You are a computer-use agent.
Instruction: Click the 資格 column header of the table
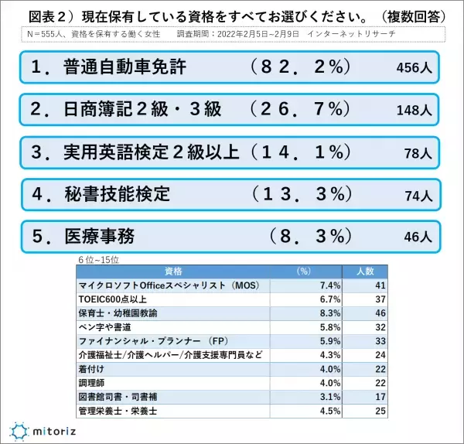point(174,272)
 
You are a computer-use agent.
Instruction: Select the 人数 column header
point(364,272)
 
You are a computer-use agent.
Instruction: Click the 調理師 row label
point(92,383)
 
